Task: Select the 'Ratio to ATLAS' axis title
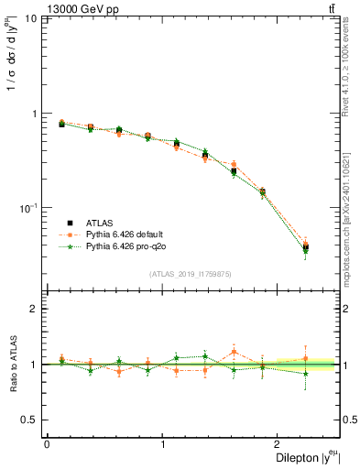[x=14, y=364]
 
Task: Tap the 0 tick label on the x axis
[x=47, y=443]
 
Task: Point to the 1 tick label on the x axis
[x=163, y=443]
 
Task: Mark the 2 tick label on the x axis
[x=279, y=443]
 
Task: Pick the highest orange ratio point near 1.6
[x=235, y=351]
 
